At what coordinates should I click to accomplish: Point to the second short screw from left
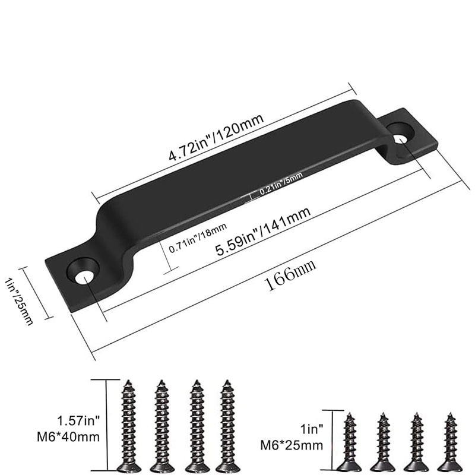click(x=383, y=442)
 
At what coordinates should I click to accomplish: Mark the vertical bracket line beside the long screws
click(x=107, y=425)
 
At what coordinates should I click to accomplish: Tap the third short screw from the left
click(x=417, y=442)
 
